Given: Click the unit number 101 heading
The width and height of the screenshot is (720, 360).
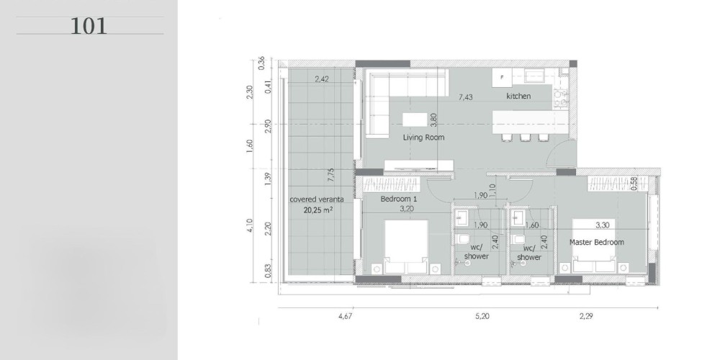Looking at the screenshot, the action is [x=89, y=26].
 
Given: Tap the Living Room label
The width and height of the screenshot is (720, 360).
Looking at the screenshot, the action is [x=423, y=138].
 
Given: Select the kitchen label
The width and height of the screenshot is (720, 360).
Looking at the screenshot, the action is [x=518, y=96].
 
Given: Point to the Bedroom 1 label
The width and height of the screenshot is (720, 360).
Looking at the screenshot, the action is [x=399, y=199].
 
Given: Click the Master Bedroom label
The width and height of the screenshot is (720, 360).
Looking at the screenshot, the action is [x=596, y=242].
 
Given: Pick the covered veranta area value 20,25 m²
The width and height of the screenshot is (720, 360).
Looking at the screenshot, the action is [x=318, y=211].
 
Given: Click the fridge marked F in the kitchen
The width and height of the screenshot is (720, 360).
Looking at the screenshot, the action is [x=502, y=78].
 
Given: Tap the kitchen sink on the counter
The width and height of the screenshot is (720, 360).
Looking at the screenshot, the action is [x=535, y=76].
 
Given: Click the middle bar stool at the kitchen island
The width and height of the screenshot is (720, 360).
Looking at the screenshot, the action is [x=525, y=137].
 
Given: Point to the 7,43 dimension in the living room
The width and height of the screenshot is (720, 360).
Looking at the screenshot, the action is [x=466, y=97].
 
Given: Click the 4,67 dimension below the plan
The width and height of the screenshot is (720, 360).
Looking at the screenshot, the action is [x=346, y=316].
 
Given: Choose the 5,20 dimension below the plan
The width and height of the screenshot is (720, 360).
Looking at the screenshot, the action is [x=482, y=316].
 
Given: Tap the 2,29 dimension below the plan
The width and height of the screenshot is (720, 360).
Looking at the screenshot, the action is [x=586, y=316].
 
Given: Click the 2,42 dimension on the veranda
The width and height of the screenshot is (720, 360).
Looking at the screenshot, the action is [x=321, y=79].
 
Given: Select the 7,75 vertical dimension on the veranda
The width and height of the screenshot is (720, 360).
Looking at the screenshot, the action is [x=331, y=176].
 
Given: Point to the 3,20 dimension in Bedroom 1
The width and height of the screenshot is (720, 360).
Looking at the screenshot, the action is [x=407, y=209].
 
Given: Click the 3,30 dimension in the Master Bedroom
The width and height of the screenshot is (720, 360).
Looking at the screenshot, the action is [x=603, y=225].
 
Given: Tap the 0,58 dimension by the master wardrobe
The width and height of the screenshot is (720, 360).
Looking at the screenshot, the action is [x=634, y=184].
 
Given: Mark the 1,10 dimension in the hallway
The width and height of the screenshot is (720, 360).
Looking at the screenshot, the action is [x=492, y=190].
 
